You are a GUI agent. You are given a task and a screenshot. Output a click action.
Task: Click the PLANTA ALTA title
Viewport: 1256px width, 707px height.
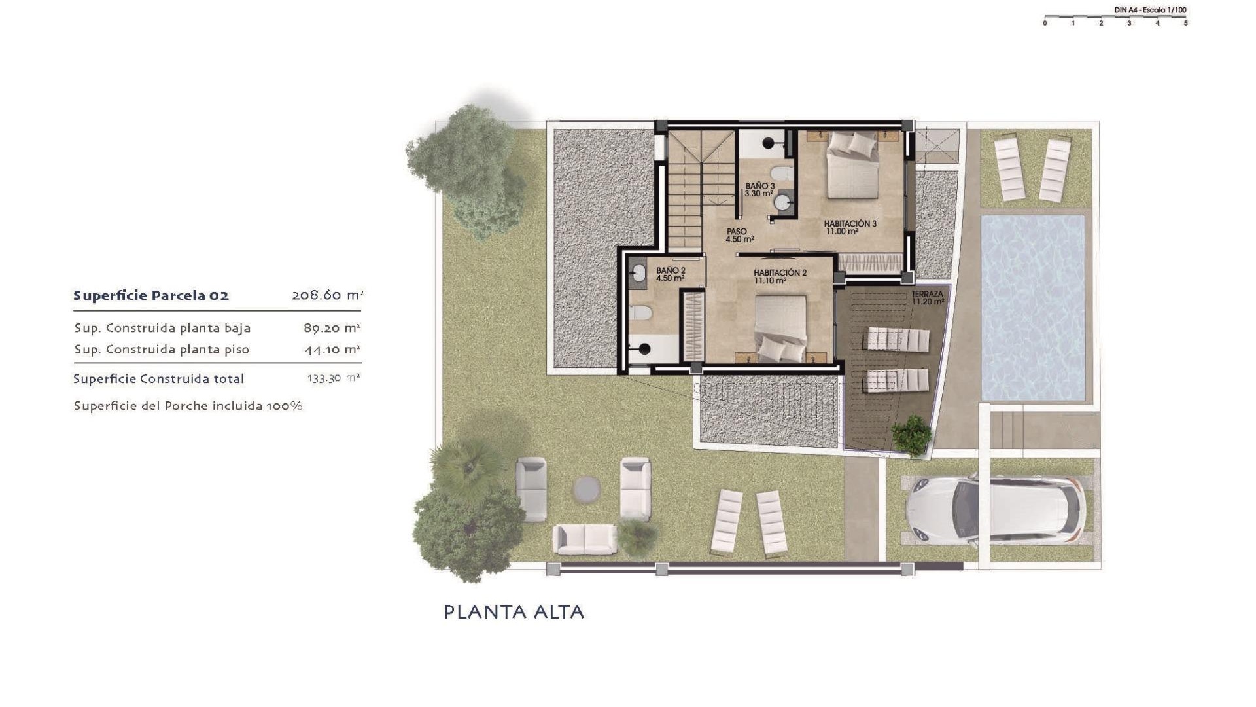514,612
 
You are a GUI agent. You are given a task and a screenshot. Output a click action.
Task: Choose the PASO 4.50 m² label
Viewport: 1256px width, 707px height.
739,235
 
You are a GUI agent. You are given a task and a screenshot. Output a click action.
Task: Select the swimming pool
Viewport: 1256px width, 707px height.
1033,308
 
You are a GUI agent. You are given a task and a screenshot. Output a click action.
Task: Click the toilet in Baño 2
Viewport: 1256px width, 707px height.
641,312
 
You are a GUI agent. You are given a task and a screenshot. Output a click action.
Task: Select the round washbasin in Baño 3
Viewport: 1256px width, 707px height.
782,203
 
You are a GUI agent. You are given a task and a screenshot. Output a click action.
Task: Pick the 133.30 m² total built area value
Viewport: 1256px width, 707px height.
334,378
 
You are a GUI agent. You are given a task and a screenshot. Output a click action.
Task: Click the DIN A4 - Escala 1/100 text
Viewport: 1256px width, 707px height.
1150,10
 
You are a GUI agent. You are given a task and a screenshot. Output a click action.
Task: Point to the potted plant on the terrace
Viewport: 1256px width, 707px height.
911,434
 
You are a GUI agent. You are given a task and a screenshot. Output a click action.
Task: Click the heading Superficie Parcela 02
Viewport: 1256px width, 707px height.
151,295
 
